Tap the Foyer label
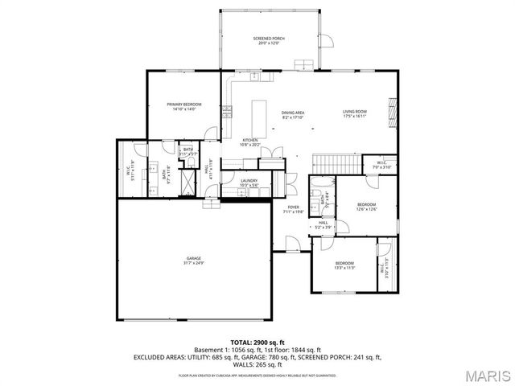point(294,209)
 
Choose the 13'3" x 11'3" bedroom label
point(344,265)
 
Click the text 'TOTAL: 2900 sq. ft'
point(257,343)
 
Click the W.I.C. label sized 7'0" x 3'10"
point(381,165)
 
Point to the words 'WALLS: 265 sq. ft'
point(257,364)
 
